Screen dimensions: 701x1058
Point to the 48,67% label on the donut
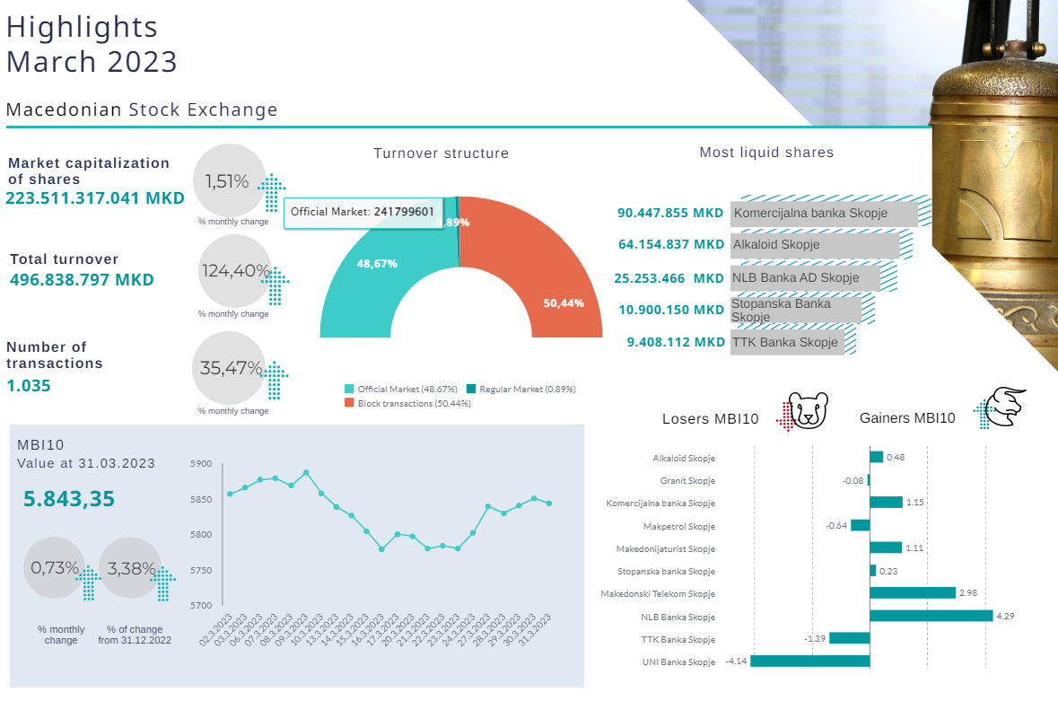pyautogui.click(x=377, y=264)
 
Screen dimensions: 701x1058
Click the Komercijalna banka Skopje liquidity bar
pyautogui.click(x=825, y=214)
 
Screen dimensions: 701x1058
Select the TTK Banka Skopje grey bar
pyautogui.click(x=787, y=342)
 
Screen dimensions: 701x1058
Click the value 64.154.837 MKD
pyautogui.click(x=671, y=244)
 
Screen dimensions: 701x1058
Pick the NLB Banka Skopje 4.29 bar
pyautogui.click(x=931, y=616)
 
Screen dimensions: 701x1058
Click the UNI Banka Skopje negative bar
pyautogui.click(x=809, y=662)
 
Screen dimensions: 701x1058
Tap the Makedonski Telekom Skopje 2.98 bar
pyautogui.click(x=912, y=592)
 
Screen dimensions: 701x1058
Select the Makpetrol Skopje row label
pyautogui.click(x=679, y=526)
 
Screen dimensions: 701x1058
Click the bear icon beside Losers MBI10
pyautogui.click(x=809, y=412)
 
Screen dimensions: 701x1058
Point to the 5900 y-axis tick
pyautogui.click(x=201, y=464)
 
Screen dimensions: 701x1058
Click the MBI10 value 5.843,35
pyautogui.click(x=69, y=499)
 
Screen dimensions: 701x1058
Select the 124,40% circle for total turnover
pyautogui.click(x=234, y=270)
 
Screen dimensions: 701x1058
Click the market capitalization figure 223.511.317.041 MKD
pyautogui.click(x=95, y=198)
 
